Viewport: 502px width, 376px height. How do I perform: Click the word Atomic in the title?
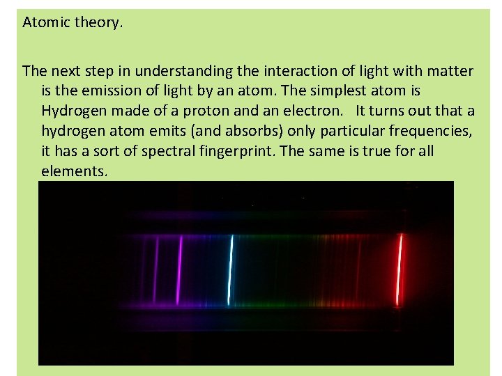click(x=45, y=22)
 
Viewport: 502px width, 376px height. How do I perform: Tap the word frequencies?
click(x=434, y=131)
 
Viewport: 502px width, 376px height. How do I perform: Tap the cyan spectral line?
click(x=231, y=269)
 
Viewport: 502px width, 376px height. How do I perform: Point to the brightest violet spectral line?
click(x=179, y=269)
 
